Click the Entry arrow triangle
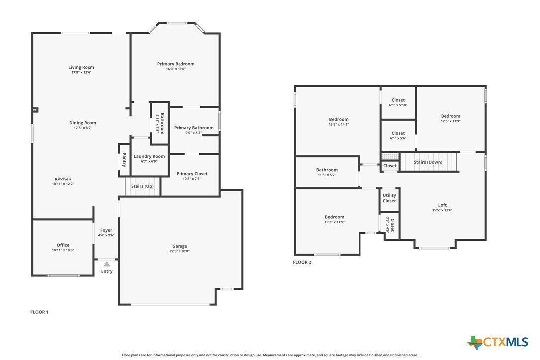click(107, 264)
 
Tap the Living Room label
click(81, 67)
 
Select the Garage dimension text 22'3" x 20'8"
click(180, 251)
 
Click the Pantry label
click(124, 160)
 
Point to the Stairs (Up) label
click(142, 186)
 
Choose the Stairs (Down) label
click(428, 162)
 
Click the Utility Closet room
click(389, 199)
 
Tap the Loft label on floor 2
click(442, 205)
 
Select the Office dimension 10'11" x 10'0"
click(63, 250)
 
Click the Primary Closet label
click(192, 173)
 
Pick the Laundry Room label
click(149, 156)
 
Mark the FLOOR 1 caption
click(39, 312)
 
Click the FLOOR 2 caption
click(302, 262)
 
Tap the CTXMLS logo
click(497, 342)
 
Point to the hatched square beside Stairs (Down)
click(390, 156)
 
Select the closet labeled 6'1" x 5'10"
click(398, 102)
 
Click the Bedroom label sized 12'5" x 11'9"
click(450, 116)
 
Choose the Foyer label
click(106, 230)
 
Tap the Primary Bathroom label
click(193, 128)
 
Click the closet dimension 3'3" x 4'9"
click(388, 225)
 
